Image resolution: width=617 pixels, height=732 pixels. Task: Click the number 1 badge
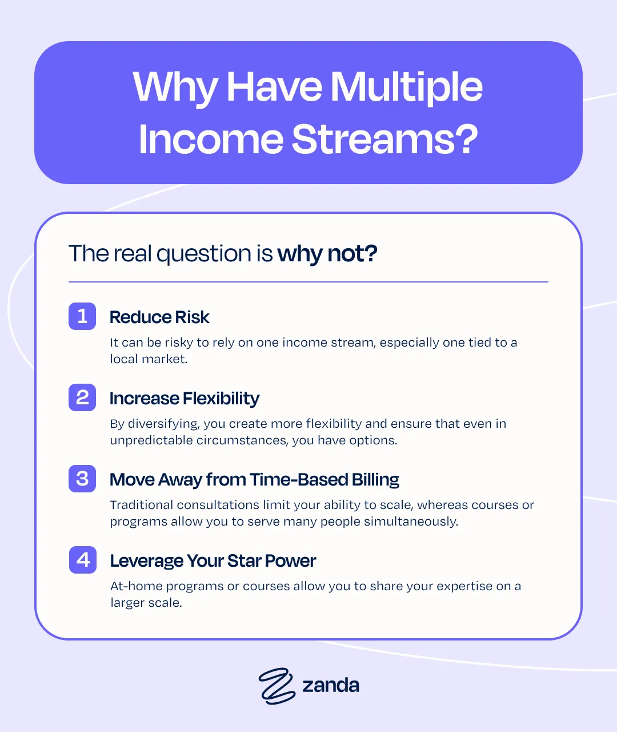pyautogui.click(x=82, y=316)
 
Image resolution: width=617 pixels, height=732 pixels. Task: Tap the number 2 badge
pyautogui.click(x=82, y=397)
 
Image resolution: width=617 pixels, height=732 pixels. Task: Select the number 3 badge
pyautogui.click(x=82, y=479)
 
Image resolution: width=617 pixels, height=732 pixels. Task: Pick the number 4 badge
pyautogui.click(x=83, y=560)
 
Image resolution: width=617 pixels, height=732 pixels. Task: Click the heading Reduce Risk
pyautogui.click(x=159, y=317)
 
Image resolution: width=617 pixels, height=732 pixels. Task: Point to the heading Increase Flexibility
pyautogui.click(x=185, y=399)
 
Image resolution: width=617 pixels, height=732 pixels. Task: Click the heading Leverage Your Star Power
pyautogui.click(x=213, y=561)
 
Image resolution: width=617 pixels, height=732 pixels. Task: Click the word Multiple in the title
pyautogui.click(x=406, y=87)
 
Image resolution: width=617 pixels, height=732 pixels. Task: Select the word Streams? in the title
pyautogui.click(x=385, y=139)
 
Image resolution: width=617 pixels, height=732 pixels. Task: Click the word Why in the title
pyautogui.click(x=174, y=88)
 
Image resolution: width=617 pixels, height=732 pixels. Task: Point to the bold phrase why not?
pyautogui.click(x=327, y=254)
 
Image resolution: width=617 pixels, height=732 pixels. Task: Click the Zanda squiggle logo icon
pyautogui.click(x=277, y=685)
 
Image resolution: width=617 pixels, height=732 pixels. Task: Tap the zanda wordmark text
pyautogui.click(x=331, y=685)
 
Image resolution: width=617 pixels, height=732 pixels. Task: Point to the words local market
pyautogui.click(x=149, y=359)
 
